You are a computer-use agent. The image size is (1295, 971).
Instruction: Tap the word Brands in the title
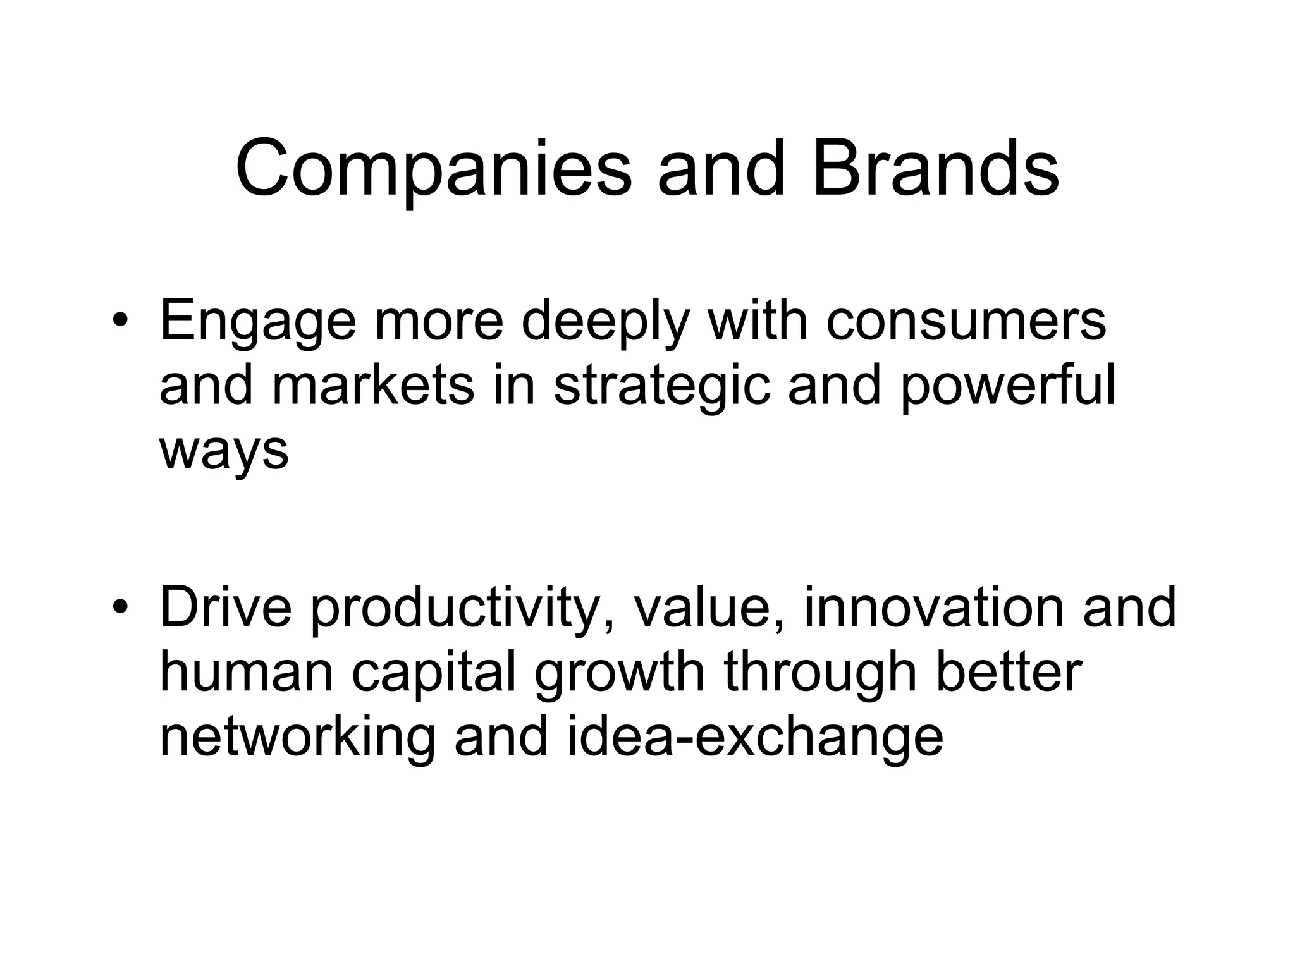(935, 168)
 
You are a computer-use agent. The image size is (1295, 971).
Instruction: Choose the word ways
(224, 451)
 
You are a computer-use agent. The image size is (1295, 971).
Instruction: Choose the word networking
(297, 738)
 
